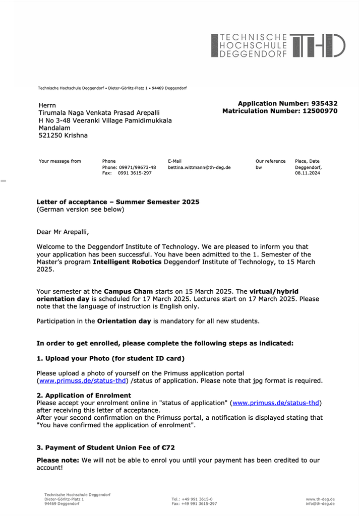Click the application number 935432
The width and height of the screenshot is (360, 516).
pyautogui.click(x=325, y=103)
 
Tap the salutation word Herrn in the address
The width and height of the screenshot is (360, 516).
pyautogui.click(x=47, y=105)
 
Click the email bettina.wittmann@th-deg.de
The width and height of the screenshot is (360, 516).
pyautogui.click(x=199, y=167)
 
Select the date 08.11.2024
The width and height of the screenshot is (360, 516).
pyautogui.click(x=307, y=173)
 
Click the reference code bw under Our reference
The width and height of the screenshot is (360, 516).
pyautogui.click(x=259, y=167)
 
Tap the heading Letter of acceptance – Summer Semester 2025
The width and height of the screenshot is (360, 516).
pyautogui.click(x=118, y=202)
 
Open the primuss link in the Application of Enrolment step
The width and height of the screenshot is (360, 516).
pyautogui.click(x=276, y=403)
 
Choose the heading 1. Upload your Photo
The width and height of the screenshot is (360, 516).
pyautogui.click(x=110, y=359)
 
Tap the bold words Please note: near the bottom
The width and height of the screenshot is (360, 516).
pyautogui.click(x=58, y=461)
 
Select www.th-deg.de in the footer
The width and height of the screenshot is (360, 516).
pyautogui.click(x=320, y=499)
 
